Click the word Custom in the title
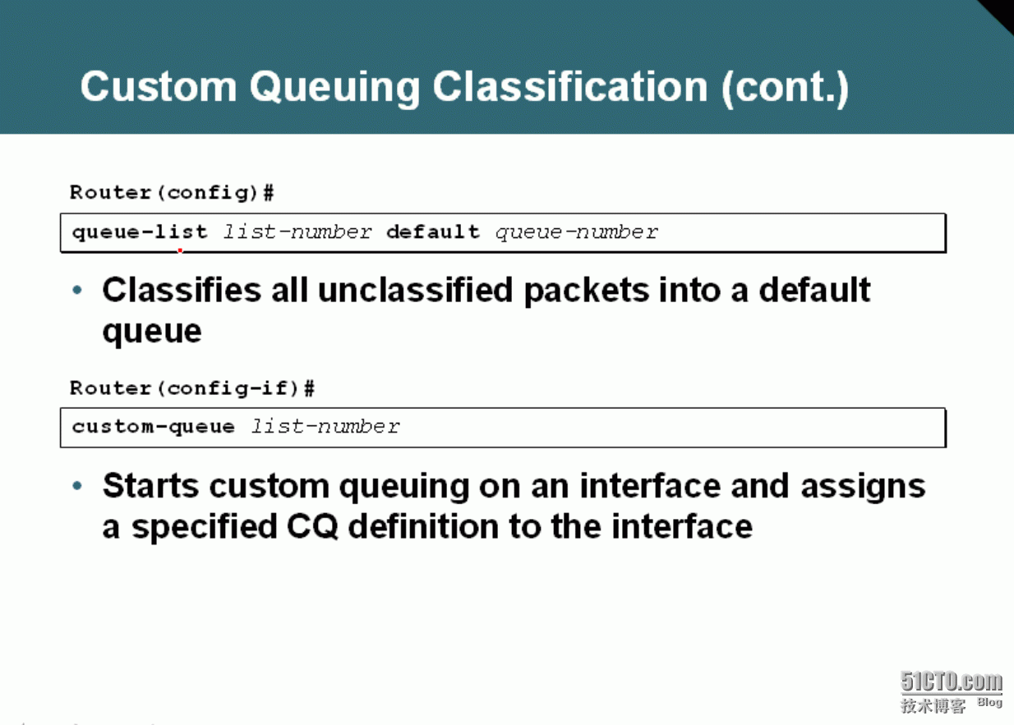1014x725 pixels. (x=159, y=86)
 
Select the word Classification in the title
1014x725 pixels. (x=570, y=86)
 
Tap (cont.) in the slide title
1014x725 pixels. (x=785, y=87)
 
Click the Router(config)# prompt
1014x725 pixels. (x=172, y=193)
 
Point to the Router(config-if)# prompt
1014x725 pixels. (x=192, y=388)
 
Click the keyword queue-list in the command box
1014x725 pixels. (x=140, y=232)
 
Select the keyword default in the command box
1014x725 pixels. (x=433, y=232)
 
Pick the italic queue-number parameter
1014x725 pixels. (x=576, y=232)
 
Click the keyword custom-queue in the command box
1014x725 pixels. (x=154, y=427)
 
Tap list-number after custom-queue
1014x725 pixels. (x=325, y=426)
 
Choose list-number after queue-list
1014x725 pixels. (x=297, y=232)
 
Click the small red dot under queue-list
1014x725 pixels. (x=180, y=250)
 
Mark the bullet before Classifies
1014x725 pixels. (x=77, y=290)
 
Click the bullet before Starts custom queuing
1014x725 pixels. (x=77, y=486)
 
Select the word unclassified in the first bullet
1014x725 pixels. (x=416, y=290)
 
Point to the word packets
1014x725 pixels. (x=587, y=291)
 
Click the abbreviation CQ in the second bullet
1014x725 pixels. (x=312, y=527)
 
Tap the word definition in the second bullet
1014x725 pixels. (x=424, y=526)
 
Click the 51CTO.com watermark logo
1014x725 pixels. (x=951, y=681)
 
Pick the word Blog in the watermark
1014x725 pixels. (x=989, y=702)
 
